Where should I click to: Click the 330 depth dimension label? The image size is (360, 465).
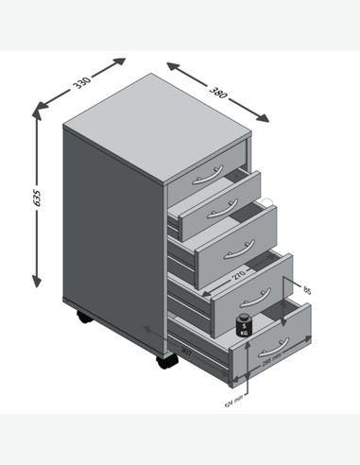tap(82, 84)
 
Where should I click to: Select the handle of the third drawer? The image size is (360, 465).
tap(231, 250)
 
